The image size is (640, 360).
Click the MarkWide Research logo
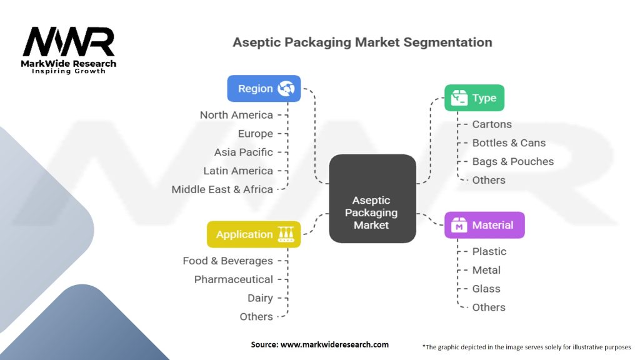click(x=69, y=49)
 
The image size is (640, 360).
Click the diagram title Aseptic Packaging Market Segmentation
click(x=362, y=42)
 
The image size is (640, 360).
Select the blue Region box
click(x=263, y=89)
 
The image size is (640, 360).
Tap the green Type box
click(x=474, y=98)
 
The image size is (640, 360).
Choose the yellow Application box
click(x=253, y=234)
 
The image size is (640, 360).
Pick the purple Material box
click(x=484, y=225)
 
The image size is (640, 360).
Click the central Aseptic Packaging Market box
click(x=372, y=198)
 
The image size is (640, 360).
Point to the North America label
click(x=236, y=115)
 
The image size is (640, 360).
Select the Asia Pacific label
click(x=243, y=152)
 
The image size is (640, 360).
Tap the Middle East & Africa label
click(x=222, y=189)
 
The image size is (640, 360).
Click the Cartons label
click(x=492, y=124)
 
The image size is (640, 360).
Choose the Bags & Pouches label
click(x=512, y=161)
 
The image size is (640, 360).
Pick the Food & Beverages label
click(x=227, y=261)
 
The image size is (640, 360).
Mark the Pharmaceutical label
click(x=233, y=279)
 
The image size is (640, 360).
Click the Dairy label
click(x=260, y=298)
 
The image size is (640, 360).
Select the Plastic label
click(x=489, y=251)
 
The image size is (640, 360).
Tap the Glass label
click(x=486, y=289)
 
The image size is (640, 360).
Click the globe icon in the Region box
click(x=286, y=89)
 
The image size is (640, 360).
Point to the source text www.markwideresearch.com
click(x=319, y=344)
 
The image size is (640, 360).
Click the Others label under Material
click(x=489, y=307)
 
